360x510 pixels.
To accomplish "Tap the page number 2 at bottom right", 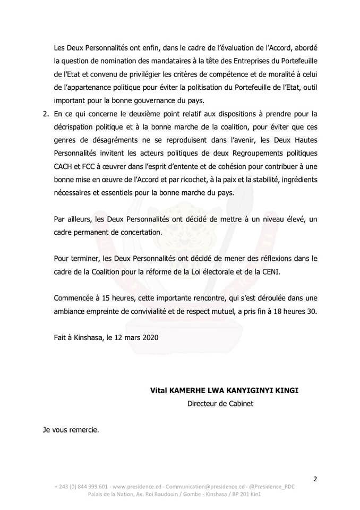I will pyautogui.click(x=315, y=479).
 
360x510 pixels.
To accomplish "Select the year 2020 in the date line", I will pyautogui.click(x=150, y=337).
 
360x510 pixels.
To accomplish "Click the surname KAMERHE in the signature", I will pyautogui.click(x=189, y=390).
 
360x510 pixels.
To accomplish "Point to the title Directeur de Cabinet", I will pyautogui.click(x=220, y=403).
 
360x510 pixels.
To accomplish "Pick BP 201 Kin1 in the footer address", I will pyautogui.click(x=247, y=494).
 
